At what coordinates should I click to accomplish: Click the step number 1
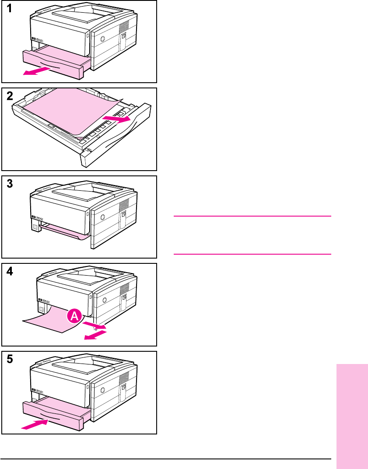[10, 8]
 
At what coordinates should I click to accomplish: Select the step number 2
[10, 96]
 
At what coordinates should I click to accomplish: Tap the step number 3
[10, 184]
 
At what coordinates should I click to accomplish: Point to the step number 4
[10, 271]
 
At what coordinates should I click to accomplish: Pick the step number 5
[10, 359]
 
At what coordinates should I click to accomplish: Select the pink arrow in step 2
[116, 119]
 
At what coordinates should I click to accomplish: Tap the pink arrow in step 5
[35, 424]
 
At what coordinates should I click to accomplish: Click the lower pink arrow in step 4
[95, 335]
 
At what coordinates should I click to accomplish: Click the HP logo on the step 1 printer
[34, 38]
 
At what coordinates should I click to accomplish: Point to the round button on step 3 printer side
[103, 217]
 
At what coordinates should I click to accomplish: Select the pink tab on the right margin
[352, 416]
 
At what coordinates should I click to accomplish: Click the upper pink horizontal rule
[252, 216]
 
